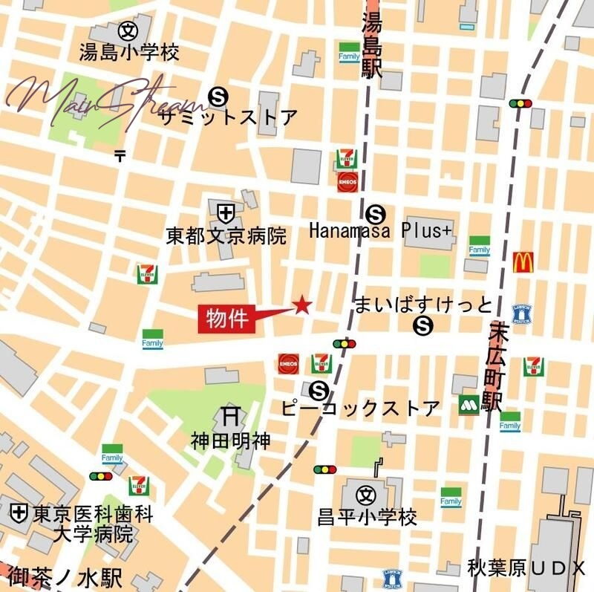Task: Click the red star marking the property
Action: pos(302,305)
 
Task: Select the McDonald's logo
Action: pos(523,261)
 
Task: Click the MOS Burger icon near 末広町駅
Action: pos(469,405)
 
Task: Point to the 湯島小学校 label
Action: pos(129,53)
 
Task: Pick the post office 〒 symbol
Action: pos(120,155)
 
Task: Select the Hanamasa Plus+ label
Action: pos(379,232)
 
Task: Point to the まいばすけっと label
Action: pos(423,305)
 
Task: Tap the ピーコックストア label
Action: pos(361,408)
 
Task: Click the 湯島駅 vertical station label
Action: pos(371,45)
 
